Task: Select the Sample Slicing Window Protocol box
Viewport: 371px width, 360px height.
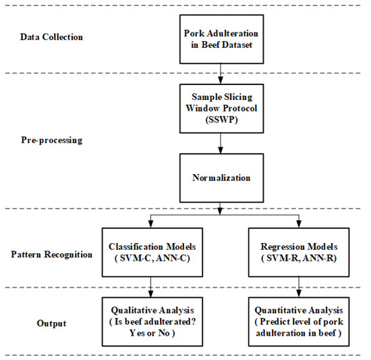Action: [221, 107]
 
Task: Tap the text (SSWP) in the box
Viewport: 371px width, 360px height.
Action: [221, 118]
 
